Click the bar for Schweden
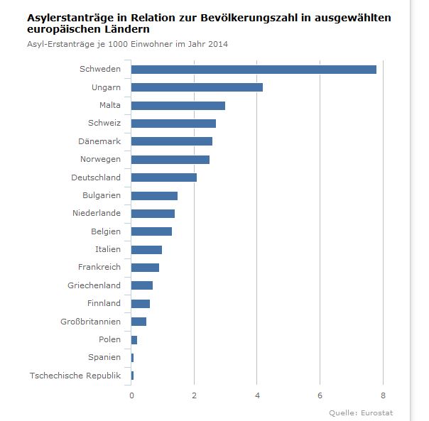(x=254, y=69)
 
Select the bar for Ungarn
(x=197, y=87)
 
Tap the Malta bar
(x=178, y=105)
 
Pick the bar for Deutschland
(x=164, y=177)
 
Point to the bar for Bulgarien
(x=154, y=195)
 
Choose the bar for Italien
(x=146, y=249)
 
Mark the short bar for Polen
(x=134, y=339)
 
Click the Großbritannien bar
(x=139, y=322)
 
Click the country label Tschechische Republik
(x=75, y=376)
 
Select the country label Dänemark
(x=99, y=141)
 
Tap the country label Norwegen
(x=100, y=159)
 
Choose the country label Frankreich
(x=99, y=267)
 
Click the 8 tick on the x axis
(x=383, y=395)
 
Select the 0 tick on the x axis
(x=131, y=395)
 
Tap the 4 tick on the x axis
(x=257, y=395)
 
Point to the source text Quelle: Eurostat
(x=361, y=412)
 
